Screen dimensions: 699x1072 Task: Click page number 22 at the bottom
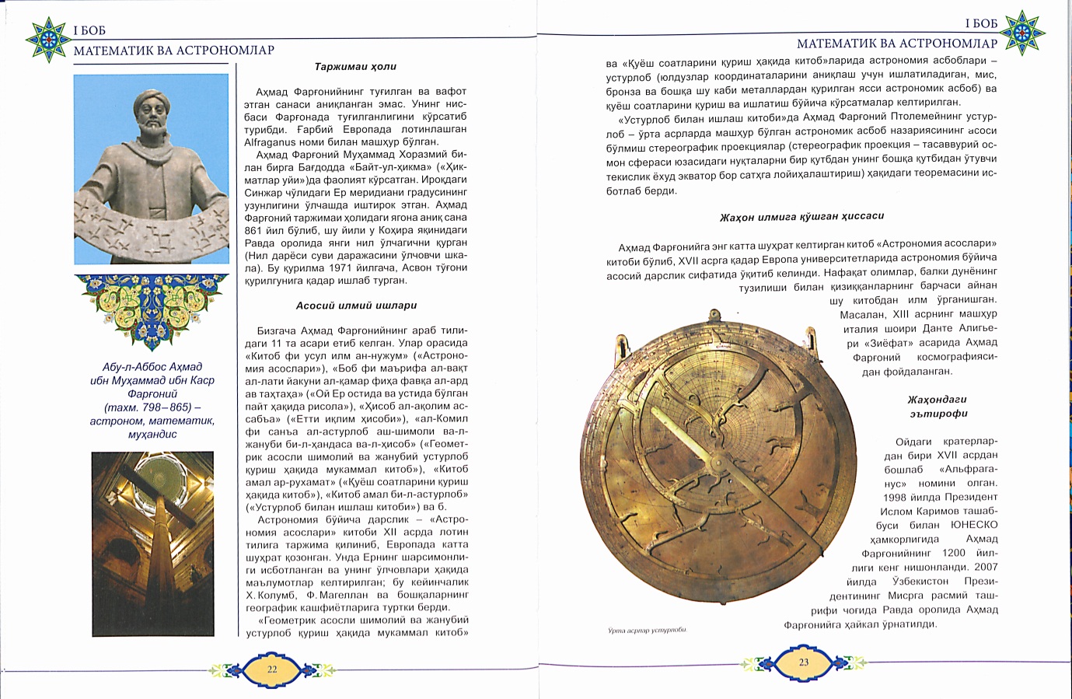tap(272, 669)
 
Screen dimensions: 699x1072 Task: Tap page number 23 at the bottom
tap(804, 662)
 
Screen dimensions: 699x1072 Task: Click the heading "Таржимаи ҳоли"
tap(355, 67)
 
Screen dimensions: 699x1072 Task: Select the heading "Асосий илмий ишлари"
tap(356, 306)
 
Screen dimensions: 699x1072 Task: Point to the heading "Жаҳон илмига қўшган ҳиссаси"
tap(801, 216)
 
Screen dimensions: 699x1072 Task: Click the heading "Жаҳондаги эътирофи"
tap(936, 407)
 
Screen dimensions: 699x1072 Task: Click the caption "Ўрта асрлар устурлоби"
tap(647, 631)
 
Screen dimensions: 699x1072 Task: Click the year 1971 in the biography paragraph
tap(344, 268)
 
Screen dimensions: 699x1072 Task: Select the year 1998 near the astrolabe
tap(896, 497)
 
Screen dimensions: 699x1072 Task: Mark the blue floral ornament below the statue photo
tap(152, 310)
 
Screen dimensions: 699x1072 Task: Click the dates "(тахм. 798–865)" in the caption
tap(152, 407)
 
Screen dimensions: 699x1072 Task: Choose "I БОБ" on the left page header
tap(89, 31)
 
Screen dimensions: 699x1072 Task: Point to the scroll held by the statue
tap(152, 225)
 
